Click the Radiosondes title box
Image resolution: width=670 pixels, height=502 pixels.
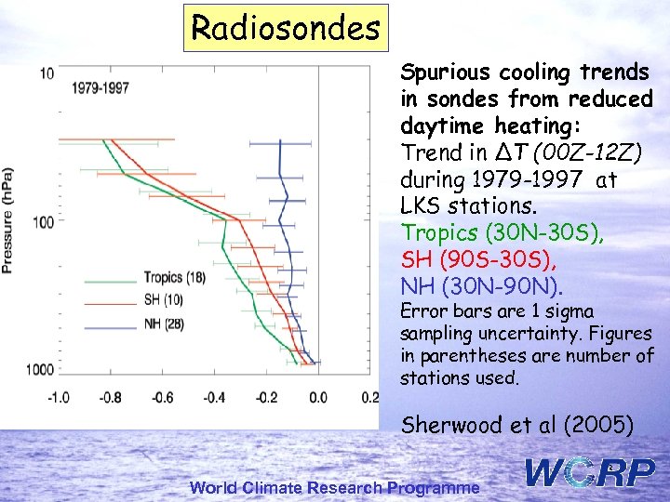click(x=285, y=28)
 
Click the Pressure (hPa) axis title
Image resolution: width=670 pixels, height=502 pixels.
click(x=8, y=220)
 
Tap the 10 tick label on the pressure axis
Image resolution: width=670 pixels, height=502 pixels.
click(x=47, y=73)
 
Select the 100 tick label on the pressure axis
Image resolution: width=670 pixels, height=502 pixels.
click(x=43, y=221)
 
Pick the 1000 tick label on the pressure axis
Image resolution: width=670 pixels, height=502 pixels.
click(x=39, y=369)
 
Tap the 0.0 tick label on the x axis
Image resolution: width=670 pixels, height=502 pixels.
click(x=317, y=398)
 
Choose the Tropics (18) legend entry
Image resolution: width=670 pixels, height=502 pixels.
click(x=174, y=277)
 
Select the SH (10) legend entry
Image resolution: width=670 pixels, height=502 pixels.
click(x=163, y=298)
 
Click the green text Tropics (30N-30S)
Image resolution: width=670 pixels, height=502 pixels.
click(x=502, y=231)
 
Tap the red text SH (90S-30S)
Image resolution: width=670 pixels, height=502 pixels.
click(x=479, y=258)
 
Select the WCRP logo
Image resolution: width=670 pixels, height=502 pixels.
click(x=590, y=472)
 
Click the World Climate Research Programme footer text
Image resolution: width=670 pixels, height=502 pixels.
click(x=335, y=487)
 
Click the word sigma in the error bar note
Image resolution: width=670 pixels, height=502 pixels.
click(x=570, y=311)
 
